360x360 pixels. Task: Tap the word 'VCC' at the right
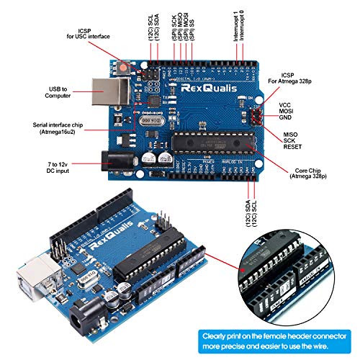(285, 104)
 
